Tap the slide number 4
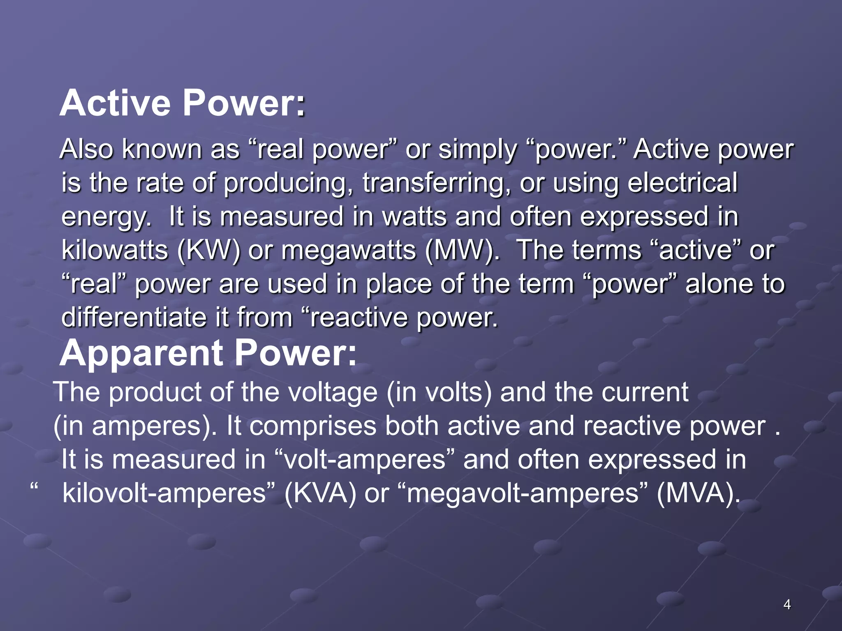click(787, 605)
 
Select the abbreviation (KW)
click(208, 250)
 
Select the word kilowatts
click(115, 250)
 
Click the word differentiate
click(134, 318)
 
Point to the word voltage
click(332, 393)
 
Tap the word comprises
click(313, 426)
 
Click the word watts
click(414, 216)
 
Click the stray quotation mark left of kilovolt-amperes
click(34, 487)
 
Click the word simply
click(477, 150)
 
